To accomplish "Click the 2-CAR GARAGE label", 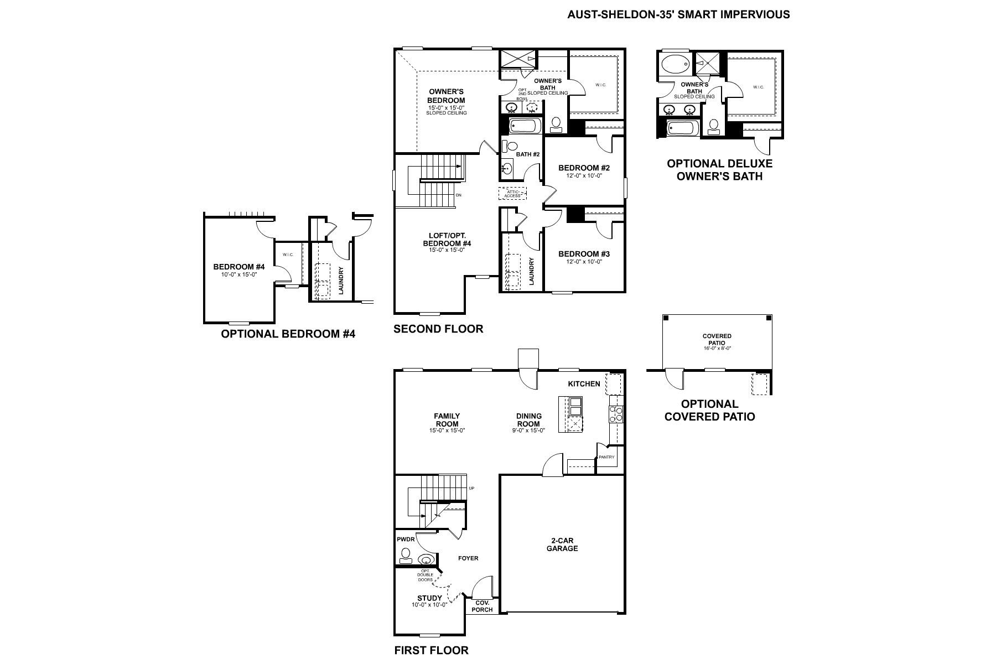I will point(562,544).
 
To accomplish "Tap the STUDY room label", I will point(429,598).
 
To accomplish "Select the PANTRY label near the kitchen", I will point(606,457).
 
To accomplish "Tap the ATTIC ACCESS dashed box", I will point(512,194).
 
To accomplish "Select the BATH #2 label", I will point(527,154).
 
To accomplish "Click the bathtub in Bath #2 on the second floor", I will point(523,127).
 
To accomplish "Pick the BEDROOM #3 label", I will point(584,254).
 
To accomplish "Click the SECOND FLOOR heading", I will point(438,329).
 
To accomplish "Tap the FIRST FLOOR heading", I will point(431,650).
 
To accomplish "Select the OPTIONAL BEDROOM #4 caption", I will point(288,334).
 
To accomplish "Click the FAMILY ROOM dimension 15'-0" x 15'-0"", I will point(447,430).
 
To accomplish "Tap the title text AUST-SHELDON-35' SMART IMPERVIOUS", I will point(678,14).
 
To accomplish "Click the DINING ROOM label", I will point(528,420).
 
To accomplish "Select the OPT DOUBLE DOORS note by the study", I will point(426,575).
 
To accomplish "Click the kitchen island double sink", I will point(575,406).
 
